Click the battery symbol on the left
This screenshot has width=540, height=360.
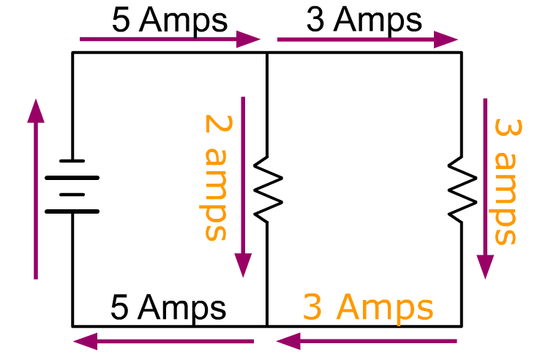click(72, 186)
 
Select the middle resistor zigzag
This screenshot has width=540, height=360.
click(268, 189)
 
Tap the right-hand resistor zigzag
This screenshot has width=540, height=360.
click(462, 189)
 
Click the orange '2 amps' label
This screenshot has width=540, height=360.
click(217, 177)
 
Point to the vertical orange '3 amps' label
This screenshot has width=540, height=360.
click(507, 181)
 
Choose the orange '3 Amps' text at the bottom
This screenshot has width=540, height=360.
click(368, 307)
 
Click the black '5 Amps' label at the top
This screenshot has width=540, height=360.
click(170, 20)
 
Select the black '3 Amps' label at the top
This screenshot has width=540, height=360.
click(364, 20)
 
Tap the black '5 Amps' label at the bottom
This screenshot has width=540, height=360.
click(168, 307)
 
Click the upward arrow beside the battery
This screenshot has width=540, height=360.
click(36, 189)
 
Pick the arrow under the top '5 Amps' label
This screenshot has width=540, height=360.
click(170, 40)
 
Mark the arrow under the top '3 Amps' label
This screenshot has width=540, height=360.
click(367, 40)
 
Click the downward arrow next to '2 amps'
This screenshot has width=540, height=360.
click(243, 187)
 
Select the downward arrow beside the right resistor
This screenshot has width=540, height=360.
click(485, 189)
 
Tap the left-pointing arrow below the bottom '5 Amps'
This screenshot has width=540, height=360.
click(164, 342)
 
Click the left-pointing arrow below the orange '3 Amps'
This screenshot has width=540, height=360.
click(367, 342)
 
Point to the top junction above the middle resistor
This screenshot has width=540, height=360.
click(267, 53)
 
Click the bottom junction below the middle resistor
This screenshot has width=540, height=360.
click(267, 326)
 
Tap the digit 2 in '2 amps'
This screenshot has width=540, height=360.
click(219, 124)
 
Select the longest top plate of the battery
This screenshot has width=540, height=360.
click(72, 178)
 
